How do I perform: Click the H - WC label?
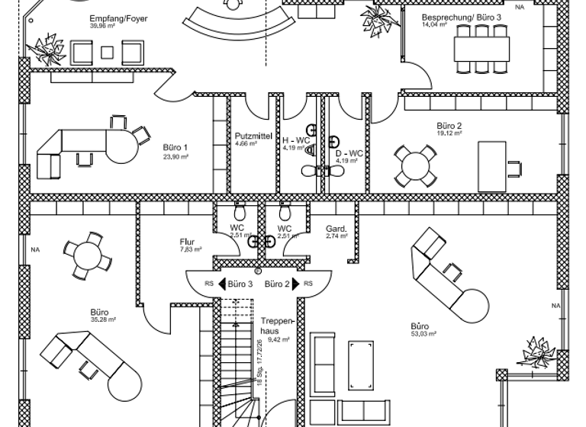pos(296,140)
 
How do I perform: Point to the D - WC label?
pos(348,153)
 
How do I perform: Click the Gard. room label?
pos(336,228)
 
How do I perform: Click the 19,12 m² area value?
pos(449,134)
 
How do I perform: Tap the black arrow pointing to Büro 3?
pos(224,284)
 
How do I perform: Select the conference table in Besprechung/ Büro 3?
pos(481,47)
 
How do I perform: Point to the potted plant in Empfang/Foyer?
pos(46,49)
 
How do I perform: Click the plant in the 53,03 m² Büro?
pos(539,353)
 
